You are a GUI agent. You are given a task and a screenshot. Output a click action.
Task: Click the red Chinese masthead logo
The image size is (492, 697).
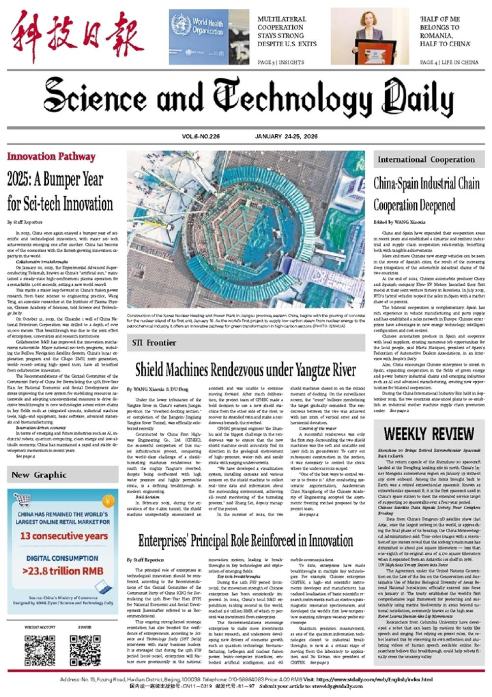click(x=77, y=38)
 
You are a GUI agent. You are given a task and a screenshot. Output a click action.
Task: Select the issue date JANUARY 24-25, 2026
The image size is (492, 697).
click(x=286, y=136)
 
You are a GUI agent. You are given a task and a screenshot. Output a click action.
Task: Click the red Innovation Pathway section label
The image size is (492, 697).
click(x=51, y=157)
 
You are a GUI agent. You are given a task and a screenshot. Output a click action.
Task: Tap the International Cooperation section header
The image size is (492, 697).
click(x=426, y=159)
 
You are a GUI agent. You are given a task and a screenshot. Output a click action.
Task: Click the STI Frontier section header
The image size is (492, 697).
click(x=154, y=343)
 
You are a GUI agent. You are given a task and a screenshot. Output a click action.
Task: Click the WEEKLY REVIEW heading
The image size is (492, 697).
click(x=429, y=434)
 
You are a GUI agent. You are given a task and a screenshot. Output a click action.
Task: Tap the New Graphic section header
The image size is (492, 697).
click(x=39, y=475)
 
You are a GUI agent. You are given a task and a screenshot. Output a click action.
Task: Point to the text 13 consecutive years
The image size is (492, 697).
click(x=63, y=536)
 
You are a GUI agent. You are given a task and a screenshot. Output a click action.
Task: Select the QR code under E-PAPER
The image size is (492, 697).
click(x=85, y=650)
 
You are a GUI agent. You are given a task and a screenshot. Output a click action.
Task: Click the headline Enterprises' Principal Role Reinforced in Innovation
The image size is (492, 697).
click(x=245, y=541)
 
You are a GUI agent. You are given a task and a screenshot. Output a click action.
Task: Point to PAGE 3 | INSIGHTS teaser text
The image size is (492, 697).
click(x=281, y=62)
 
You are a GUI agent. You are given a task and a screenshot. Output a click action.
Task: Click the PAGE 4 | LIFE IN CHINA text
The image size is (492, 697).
click(x=449, y=62)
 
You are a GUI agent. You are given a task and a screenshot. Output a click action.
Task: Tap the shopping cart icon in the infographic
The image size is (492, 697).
click(x=22, y=501)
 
